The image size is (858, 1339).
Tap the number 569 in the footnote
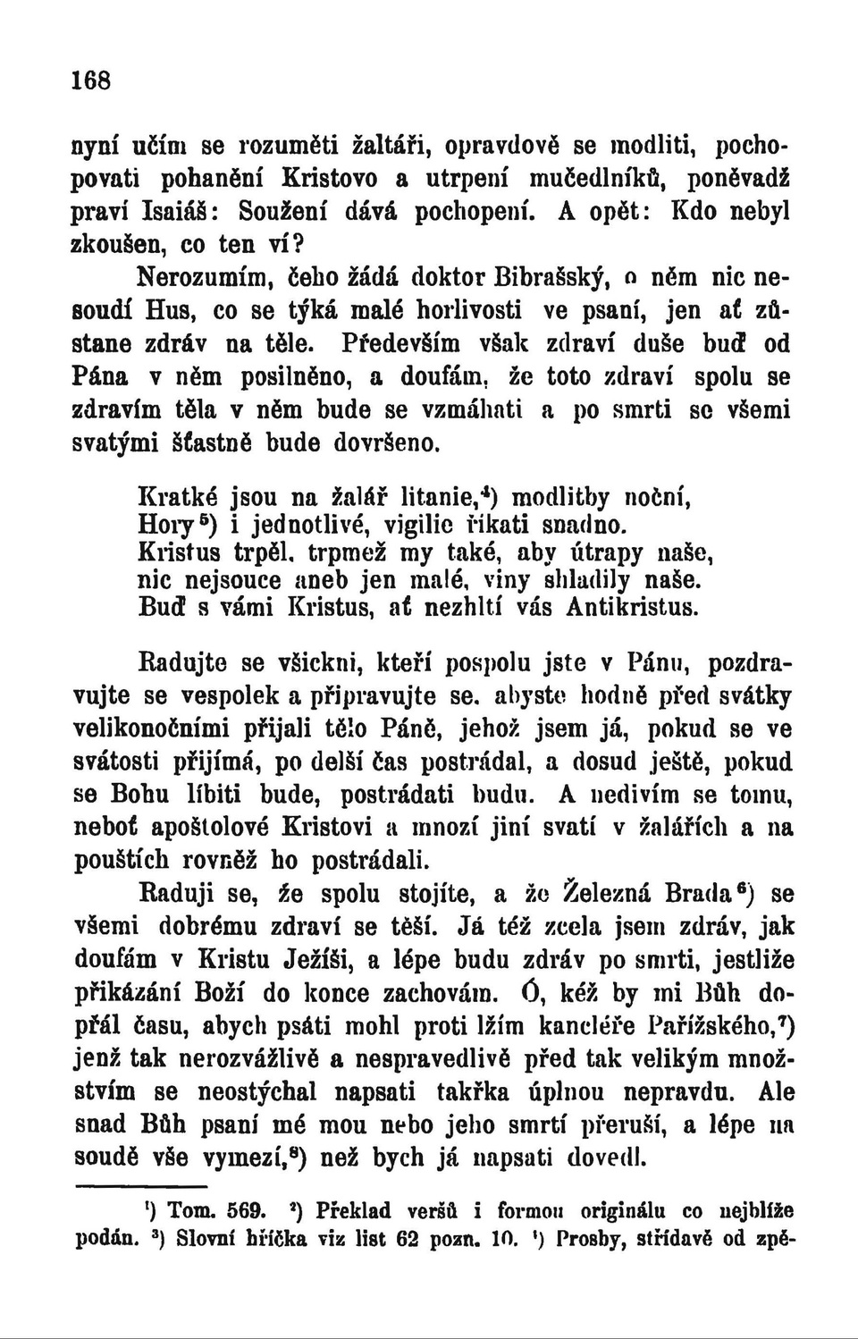245,1212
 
